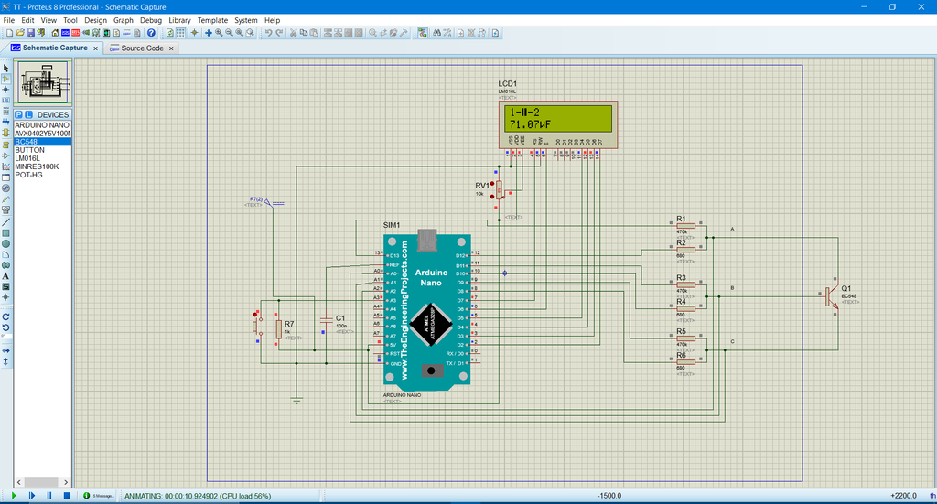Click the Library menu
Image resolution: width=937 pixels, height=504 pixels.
click(179, 20)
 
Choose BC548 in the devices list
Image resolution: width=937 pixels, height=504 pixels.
click(29, 142)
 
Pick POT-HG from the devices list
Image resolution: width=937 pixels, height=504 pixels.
click(29, 175)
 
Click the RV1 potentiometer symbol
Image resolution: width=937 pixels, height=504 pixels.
click(500, 189)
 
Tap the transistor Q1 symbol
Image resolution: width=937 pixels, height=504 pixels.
click(830, 295)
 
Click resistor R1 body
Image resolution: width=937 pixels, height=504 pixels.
click(685, 225)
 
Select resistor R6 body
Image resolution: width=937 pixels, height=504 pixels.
click(685, 361)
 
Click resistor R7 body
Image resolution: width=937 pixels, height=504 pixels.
click(278, 328)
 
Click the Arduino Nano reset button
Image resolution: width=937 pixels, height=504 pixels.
click(426, 370)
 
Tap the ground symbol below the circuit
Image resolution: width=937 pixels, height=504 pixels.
click(296, 399)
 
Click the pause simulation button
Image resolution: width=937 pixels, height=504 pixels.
click(49, 495)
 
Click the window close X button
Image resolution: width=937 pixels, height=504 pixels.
click(919, 6)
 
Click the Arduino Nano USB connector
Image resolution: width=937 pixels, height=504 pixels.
click(427, 241)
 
